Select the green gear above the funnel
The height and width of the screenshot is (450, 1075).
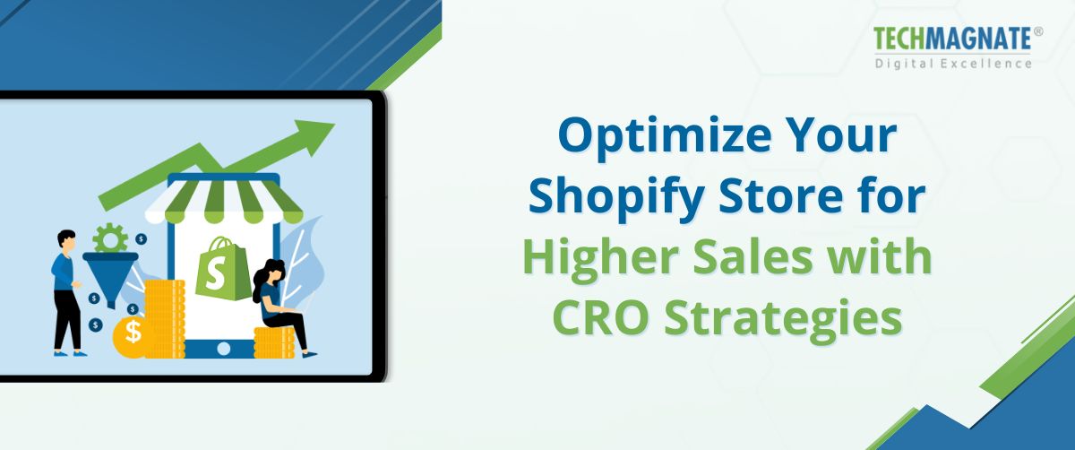coord(110,238)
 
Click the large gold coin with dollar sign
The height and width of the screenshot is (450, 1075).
coord(133,333)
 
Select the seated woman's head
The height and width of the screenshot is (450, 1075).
coord(272,269)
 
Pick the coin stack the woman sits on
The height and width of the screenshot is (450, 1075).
coord(273,342)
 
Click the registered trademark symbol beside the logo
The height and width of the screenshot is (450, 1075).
coord(1038,31)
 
